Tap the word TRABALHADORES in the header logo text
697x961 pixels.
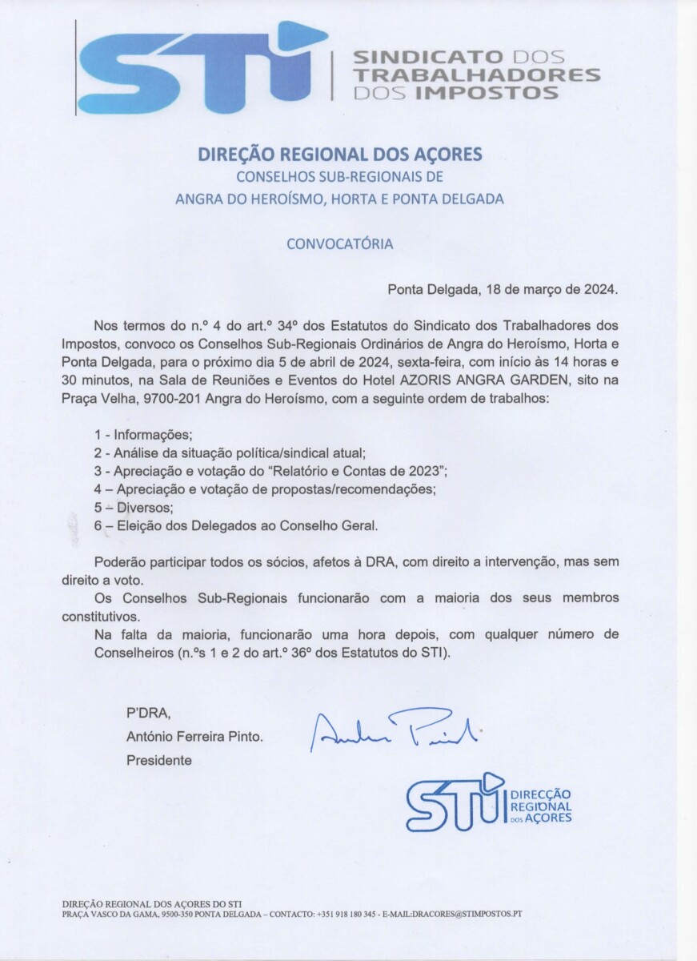point(477,75)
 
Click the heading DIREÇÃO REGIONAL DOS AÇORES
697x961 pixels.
point(340,155)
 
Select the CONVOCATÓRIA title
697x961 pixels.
point(340,243)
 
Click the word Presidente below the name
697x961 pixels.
point(159,760)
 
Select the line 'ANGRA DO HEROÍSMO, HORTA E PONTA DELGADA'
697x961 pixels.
point(340,199)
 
